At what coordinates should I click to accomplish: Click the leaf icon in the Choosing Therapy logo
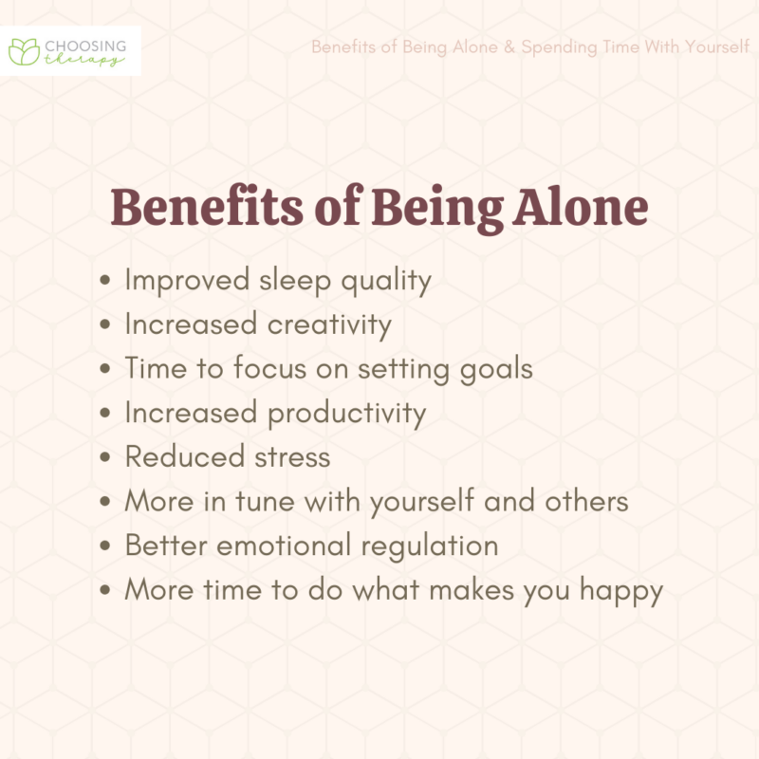(x=22, y=50)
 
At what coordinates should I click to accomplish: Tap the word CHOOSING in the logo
(x=84, y=43)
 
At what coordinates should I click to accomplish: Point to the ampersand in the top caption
(x=509, y=46)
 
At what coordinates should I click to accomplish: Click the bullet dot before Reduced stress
(x=107, y=458)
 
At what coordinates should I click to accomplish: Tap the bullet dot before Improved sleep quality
(x=107, y=282)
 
